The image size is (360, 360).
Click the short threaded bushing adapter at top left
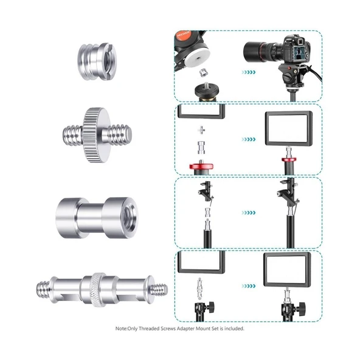click(97, 61)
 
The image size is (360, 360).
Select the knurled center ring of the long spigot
click(99, 289)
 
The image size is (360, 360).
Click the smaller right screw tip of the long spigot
click(159, 290)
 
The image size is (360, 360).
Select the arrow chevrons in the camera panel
click(249, 72)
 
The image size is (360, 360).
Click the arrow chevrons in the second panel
click(249, 139)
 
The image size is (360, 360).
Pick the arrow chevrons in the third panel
click(249, 213)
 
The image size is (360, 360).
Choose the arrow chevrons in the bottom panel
click(249, 286)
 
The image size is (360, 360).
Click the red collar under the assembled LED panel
click(289, 159)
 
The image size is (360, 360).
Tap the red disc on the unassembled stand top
click(201, 166)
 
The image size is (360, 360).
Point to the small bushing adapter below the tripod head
click(202, 73)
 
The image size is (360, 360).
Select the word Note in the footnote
click(121, 329)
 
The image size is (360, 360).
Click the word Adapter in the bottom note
click(185, 329)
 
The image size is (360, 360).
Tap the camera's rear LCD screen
click(300, 54)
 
